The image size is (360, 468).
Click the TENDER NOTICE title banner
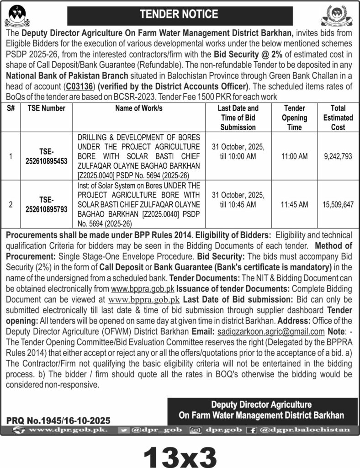[180, 15]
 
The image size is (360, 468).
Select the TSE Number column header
[46, 108]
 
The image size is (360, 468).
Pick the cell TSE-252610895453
[46, 156]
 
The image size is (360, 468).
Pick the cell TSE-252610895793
[46, 203]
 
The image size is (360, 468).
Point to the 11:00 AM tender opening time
[295, 156]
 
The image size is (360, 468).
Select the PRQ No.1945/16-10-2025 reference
[58, 420]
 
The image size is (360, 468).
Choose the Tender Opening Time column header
[295, 117]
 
